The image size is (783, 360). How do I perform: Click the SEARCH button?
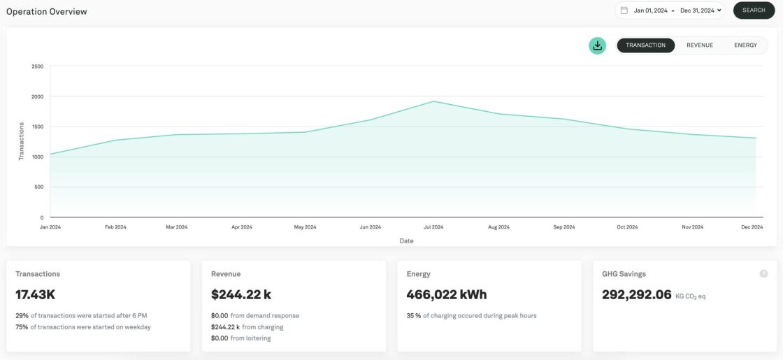coord(754,10)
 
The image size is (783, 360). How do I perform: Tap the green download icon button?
coord(597,45)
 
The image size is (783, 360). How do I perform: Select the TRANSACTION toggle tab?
coord(645,45)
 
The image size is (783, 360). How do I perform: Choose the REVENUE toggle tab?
coord(700,45)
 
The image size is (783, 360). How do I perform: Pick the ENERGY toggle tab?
coord(745,45)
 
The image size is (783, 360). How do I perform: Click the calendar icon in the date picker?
coord(624,10)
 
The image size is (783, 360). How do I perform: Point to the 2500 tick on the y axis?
coord(37,66)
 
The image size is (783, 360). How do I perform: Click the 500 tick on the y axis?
coord(38,187)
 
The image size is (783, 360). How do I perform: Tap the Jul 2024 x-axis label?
coord(433,227)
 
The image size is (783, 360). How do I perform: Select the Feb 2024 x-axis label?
coord(115,227)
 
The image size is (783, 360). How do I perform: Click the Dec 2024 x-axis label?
coord(752,227)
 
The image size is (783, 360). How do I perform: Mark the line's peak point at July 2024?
coord(433,101)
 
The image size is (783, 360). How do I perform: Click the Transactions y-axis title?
coord(22,141)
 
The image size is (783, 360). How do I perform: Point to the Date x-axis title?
coord(406,241)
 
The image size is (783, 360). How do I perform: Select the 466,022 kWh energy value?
coord(447,295)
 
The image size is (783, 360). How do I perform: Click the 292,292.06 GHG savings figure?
coord(636,295)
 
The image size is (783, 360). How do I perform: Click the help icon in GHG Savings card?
coord(763,274)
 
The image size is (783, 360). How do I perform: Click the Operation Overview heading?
coord(47,12)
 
